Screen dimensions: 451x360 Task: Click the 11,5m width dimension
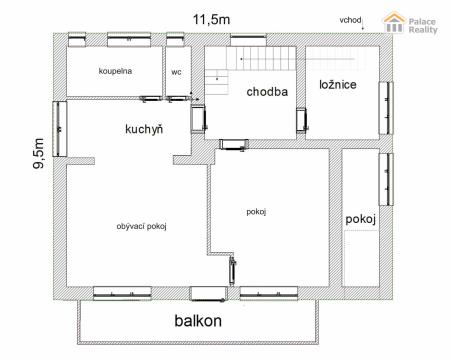click(211, 19)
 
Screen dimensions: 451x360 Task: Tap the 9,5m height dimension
click(39, 153)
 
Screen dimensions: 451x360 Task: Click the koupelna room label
click(115, 71)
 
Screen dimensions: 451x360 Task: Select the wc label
click(176, 72)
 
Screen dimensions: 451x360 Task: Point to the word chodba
click(267, 92)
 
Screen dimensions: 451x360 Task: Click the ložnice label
click(338, 85)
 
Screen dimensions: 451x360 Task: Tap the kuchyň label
click(144, 129)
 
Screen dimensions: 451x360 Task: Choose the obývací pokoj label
click(141, 226)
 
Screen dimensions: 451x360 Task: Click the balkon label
click(198, 321)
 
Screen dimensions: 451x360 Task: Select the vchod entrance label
click(350, 20)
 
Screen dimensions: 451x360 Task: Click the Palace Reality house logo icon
click(394, 23)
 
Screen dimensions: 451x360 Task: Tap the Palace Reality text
click(423, 26)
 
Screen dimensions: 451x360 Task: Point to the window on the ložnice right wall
click(386, 108)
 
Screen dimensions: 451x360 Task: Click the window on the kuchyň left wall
click(60, 129)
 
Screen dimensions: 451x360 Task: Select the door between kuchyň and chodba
click(198, 119)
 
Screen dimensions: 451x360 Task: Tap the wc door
click(178, 99)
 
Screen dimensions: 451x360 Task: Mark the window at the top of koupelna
click(129, 40)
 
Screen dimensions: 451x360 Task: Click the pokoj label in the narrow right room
click(361, 219)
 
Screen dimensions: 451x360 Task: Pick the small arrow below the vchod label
click(363, 26)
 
